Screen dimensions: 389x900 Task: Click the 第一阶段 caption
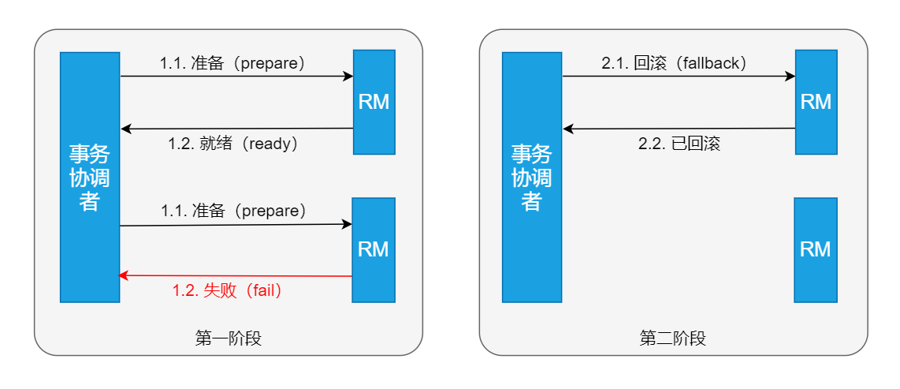coord(228,339)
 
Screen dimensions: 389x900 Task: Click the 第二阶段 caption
coord(672,339)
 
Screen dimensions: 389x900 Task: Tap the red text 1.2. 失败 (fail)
coord(227,290)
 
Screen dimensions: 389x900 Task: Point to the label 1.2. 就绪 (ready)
coord(232,144)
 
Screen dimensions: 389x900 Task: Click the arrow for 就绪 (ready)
coord(236,129)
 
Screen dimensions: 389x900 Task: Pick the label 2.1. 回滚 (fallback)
coord(674,63)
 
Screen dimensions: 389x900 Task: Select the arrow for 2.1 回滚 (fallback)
coord(679,77)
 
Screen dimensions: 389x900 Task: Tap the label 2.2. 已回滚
coord(679,144)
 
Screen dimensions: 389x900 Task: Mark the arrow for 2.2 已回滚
coord(679,129)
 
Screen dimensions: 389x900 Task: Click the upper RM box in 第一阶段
coord(374,102)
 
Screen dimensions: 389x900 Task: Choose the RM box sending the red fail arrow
coord(373,249)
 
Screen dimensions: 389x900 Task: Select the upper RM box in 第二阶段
coord(816,102)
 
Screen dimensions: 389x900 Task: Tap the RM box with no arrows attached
coord(815,249)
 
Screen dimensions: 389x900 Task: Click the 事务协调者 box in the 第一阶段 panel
coord(90,177)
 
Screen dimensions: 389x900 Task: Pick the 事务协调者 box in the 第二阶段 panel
coord(532,177)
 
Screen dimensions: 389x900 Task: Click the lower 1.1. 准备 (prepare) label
coord(233,211)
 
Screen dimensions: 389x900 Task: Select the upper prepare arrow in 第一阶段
coord(236,77)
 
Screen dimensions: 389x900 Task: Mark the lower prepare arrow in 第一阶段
coord(236,225)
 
